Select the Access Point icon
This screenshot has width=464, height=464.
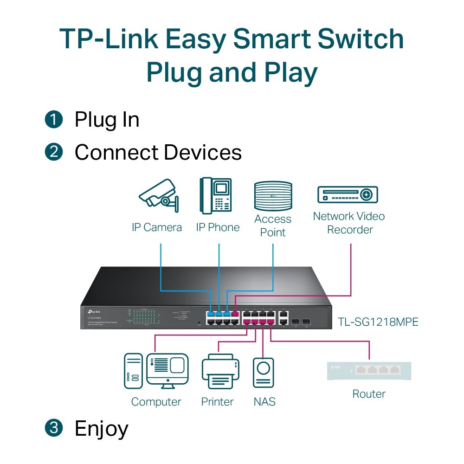point(273,196)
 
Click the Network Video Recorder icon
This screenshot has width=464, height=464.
point(348,195)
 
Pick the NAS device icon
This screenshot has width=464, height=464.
point(263,372)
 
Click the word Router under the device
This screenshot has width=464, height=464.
point(369,394)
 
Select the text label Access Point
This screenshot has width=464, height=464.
point(273,226)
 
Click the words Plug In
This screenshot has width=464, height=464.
point(107,120)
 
